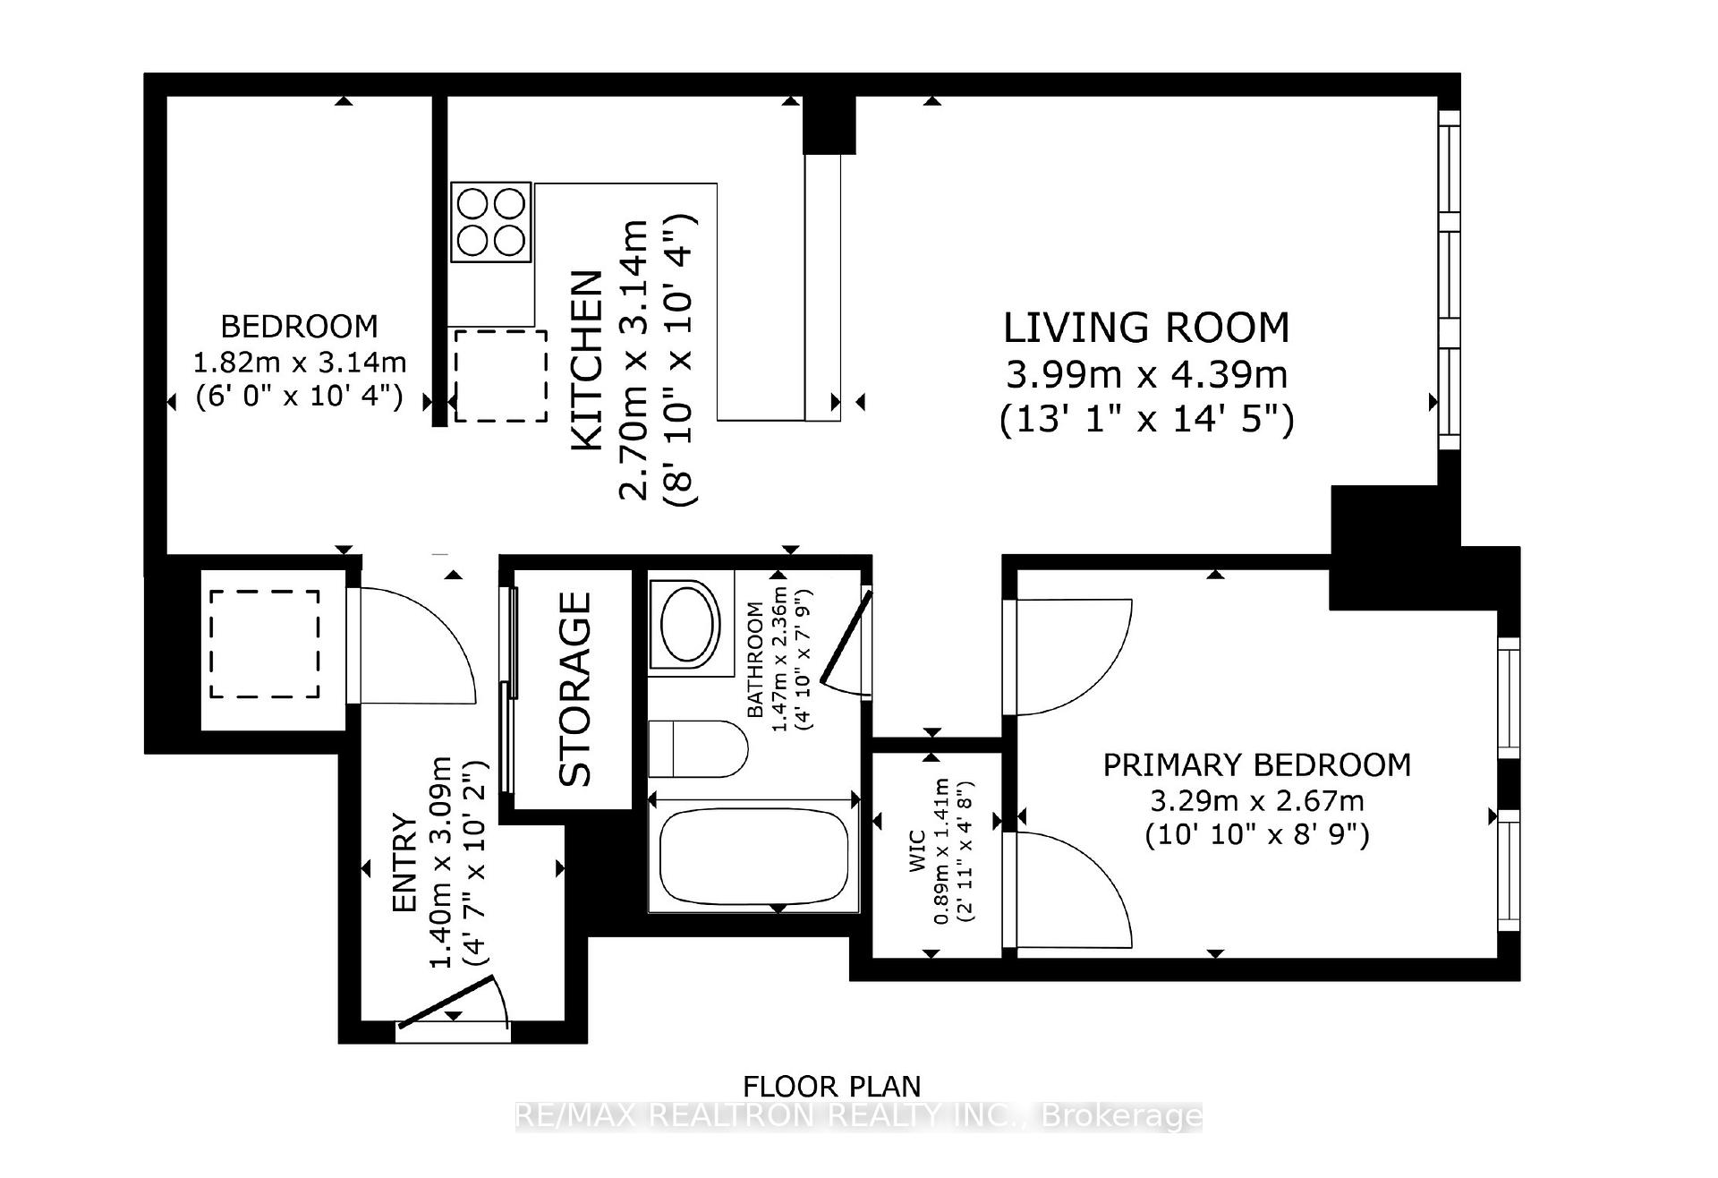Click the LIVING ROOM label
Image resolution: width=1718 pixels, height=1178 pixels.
[1146, 328]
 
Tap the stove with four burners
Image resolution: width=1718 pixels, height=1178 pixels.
[490, 222]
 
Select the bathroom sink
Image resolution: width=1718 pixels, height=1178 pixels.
[687, 624]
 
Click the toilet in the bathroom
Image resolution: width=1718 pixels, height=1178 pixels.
[698, 749]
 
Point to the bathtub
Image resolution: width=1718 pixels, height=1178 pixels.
[753, 858]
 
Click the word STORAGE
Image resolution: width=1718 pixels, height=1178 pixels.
[575, 689]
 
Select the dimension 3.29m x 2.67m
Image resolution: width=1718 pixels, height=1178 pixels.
[1256, 800]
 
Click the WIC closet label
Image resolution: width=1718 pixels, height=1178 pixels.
[917, 850]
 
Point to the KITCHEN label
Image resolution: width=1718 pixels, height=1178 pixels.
[588, 361]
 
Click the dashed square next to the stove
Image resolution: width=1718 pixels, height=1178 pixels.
[500, 375]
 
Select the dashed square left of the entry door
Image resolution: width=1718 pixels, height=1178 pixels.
[265, 644]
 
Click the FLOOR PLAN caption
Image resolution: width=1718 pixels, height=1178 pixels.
[831, 1087]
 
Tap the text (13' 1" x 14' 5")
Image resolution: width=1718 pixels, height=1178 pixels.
[1146, 419]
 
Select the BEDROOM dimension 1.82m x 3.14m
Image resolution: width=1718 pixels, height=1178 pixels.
[300, 363]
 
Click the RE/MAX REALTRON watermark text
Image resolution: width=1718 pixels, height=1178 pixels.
[859, 1115]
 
